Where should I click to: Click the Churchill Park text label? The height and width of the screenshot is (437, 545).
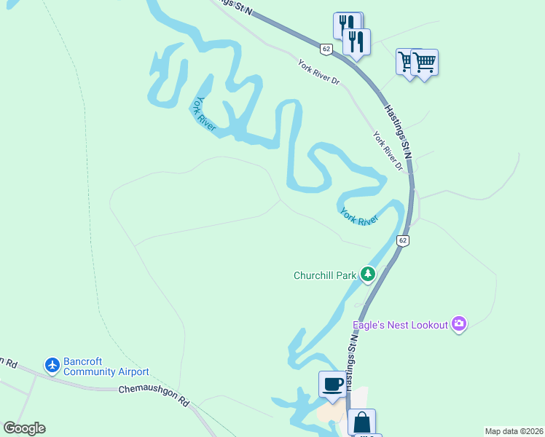[x=324, y=275]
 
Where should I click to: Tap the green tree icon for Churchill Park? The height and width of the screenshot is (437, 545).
[x=369, y=275]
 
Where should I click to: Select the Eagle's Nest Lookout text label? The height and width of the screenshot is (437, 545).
[x=400, y=325]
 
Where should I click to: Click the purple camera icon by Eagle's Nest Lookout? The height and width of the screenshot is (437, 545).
[x=459, y=324]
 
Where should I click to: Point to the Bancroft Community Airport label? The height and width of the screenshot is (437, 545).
[x=106, y=366]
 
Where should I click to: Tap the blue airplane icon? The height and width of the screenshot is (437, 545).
[x=52, y=365]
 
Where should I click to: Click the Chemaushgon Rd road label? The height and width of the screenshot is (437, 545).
[x=154, y=395]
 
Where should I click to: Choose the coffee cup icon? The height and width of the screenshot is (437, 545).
[x=332, y=384]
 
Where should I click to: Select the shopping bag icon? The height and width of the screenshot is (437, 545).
[x=362, y=422]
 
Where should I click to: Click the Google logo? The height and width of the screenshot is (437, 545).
[x=24, y=428]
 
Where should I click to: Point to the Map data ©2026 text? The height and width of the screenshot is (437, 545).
[x=514, y=431]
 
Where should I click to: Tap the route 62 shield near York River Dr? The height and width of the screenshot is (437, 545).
[x=326, y=49]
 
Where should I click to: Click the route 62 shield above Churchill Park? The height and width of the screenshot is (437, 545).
[x=403, y=240]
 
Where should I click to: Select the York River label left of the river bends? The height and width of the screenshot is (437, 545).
[x=205, y=115]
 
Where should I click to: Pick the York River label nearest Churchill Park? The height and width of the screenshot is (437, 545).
[x=359, y=216]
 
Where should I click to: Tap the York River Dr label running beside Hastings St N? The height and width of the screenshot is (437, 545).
[x=388, y=151]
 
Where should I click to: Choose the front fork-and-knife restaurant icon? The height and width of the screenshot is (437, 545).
[x=356, y=42]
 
